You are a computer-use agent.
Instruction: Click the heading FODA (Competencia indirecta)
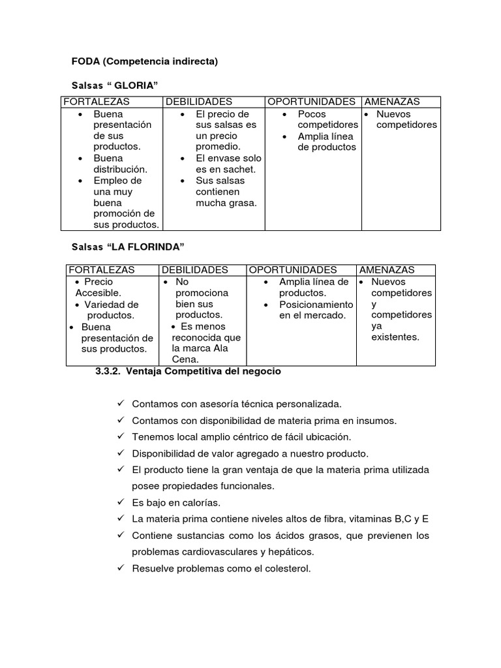[x=144, y=62]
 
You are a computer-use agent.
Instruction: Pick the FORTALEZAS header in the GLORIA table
[x=96, y=102]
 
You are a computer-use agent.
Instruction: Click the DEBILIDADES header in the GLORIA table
[x=199, y=102]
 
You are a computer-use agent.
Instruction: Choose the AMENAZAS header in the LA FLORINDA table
[x=387, y=269]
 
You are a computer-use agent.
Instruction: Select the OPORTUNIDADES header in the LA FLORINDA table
[x=293, y=269]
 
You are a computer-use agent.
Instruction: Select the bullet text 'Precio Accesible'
[x=99, y=288]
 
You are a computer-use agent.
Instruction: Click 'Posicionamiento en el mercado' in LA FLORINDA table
[x=316, y=310]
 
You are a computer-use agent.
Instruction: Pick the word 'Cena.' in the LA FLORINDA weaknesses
[x=185, y=359]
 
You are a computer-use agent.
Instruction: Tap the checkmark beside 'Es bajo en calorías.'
[x=121, y=502]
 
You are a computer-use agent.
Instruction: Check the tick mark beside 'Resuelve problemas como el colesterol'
[x=121, y=568]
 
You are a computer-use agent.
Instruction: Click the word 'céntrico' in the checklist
[x=246, y=436]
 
